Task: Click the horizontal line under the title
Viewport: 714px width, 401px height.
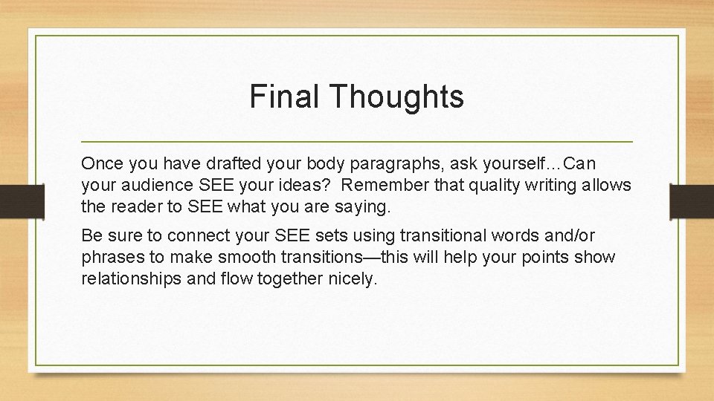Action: tap(357, 141)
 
